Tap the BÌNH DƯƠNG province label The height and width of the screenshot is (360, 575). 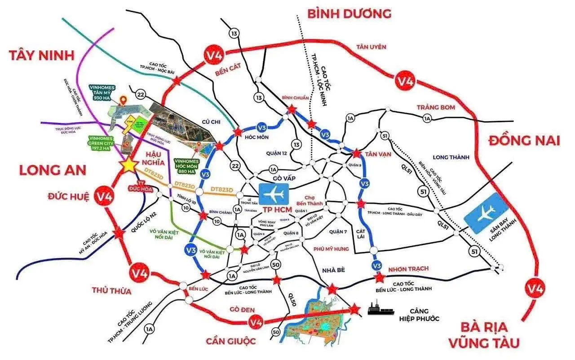click(x=349, y=13)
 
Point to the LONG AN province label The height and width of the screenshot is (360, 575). click(x=53, y=170)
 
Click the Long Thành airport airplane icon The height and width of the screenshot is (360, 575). click(x=487, y=214)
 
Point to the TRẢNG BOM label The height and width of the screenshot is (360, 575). click(x=436, y=107)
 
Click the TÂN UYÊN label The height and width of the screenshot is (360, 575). click(x=371, y=47)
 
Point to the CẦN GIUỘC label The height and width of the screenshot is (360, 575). click(x=231, y=342)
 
